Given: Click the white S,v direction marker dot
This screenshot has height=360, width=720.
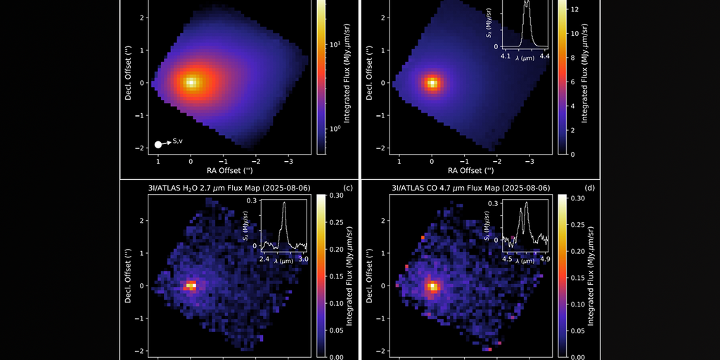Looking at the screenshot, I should tap(158, 144).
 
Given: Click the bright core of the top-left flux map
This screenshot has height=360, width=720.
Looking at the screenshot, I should tap(191, 82).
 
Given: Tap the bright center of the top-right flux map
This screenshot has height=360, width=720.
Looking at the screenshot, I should tap(432, 83).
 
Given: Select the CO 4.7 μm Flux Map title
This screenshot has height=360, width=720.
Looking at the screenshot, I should tap(470, 188).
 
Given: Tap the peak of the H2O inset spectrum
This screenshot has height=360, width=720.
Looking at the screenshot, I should tap(284, 203).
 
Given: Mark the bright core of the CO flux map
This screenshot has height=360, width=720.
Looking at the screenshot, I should tap(432, 286).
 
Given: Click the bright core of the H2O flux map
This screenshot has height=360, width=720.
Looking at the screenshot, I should tap(191, 285).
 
